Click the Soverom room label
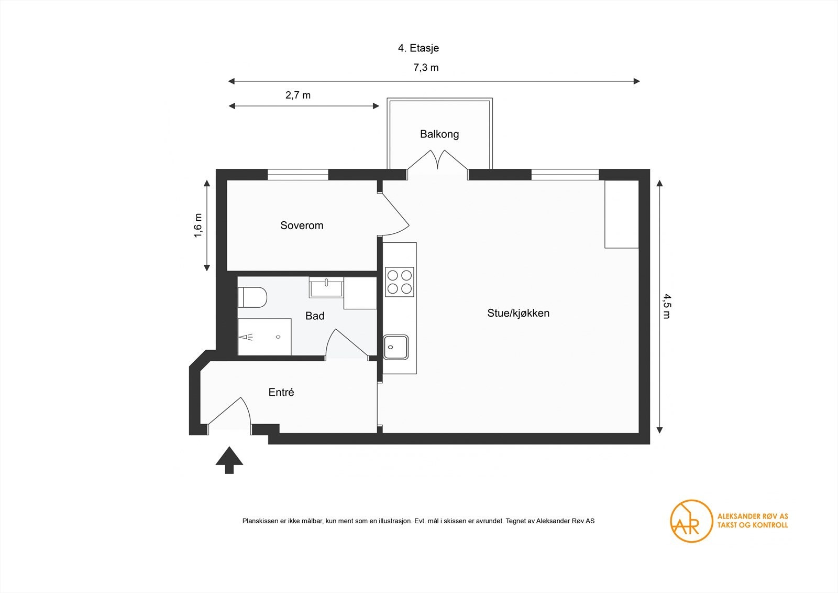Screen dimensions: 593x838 click(302, 225)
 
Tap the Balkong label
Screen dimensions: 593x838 click(439, 134)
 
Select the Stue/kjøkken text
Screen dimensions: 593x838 click(518, 314)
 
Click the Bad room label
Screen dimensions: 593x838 click(315, 316)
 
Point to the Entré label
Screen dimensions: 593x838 click(281, 392)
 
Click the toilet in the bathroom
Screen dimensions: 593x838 click(252, 297)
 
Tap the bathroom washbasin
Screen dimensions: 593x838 click(326, 287)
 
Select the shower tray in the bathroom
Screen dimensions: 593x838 click(264, 337)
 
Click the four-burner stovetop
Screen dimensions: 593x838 click(400, 282)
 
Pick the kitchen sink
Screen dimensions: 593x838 click(396, 347)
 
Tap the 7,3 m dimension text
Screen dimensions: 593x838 click(426, 68)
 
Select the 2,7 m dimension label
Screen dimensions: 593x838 click(297, 95)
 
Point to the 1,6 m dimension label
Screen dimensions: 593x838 click(198, 225)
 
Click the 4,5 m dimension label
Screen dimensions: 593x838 click(666, 306)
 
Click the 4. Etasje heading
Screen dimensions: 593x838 click(418, 48)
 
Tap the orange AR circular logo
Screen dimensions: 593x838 click(691, 521)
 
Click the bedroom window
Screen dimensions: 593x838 click(297, 175)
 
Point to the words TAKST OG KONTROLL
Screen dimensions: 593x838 click(752, 525)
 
